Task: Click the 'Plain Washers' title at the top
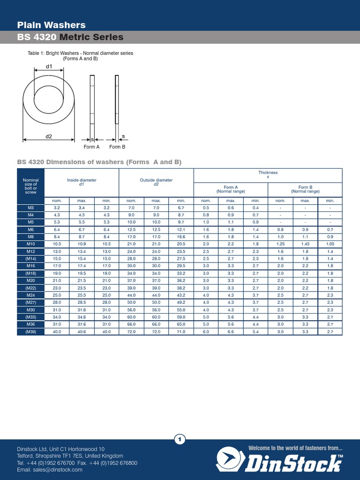[51, 25]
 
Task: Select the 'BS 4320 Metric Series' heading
[70, 37]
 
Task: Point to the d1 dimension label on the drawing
[49, 67]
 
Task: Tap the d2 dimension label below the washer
[49, 136]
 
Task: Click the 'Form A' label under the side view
[91, 147]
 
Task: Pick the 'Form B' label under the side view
[117, 147]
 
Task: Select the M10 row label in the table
[31, 244]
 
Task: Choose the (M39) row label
[31, 332]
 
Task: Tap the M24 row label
[31, 295]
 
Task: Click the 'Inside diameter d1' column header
[82, 182]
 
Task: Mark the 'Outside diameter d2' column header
[156, 182]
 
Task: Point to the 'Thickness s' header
[268, 174]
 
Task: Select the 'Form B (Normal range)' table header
[305, 189]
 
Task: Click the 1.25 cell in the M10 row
[280, 244]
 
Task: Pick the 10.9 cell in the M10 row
[82, 244]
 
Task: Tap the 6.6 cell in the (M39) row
[231, 332]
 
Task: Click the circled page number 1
[180, 439]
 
